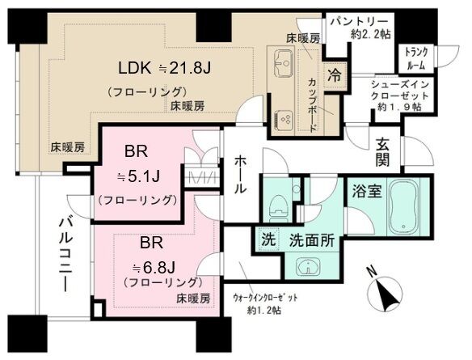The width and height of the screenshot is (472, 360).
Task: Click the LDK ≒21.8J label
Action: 164,69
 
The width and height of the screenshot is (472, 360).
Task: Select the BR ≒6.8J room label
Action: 154,255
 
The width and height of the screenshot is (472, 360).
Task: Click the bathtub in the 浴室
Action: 403,206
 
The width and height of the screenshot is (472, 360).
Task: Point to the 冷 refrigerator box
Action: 334,76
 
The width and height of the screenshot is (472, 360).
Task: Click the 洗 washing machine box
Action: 268,239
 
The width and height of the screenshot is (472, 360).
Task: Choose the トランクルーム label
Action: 416,59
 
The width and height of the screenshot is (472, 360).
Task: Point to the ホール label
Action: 241,174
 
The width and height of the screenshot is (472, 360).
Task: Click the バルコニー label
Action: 65,255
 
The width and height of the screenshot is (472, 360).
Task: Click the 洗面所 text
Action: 312,240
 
